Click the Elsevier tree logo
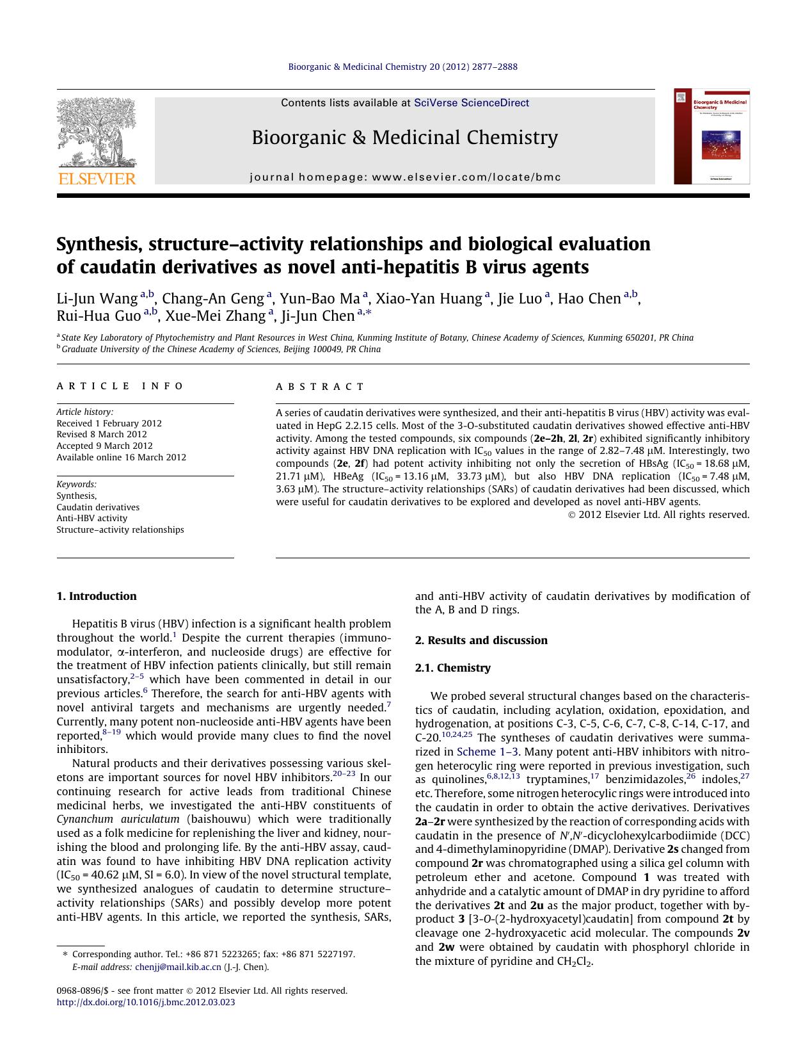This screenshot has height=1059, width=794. pos(97,133)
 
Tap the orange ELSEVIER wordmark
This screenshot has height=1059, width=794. pos(97,179)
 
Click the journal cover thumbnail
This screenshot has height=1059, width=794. pos(711,136)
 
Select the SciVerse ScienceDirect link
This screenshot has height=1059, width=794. pos(472,102)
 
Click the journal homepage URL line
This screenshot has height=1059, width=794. pos(405,177)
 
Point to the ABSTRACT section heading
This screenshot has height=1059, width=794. pos(320,387)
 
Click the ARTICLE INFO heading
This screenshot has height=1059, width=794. pos(120,386)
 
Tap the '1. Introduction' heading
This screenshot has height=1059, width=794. pos(97,596)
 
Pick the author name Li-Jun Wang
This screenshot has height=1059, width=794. pos(97,299)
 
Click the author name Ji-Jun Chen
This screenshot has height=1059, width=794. pos(317,316)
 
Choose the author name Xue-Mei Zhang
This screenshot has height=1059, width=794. pos(215,316)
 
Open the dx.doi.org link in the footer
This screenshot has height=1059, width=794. pos(146,1002)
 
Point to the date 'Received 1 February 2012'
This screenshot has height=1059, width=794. pos(109,423)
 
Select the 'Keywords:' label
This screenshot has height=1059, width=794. pos(77,485)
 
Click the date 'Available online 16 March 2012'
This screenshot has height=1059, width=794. pos(122,457)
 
